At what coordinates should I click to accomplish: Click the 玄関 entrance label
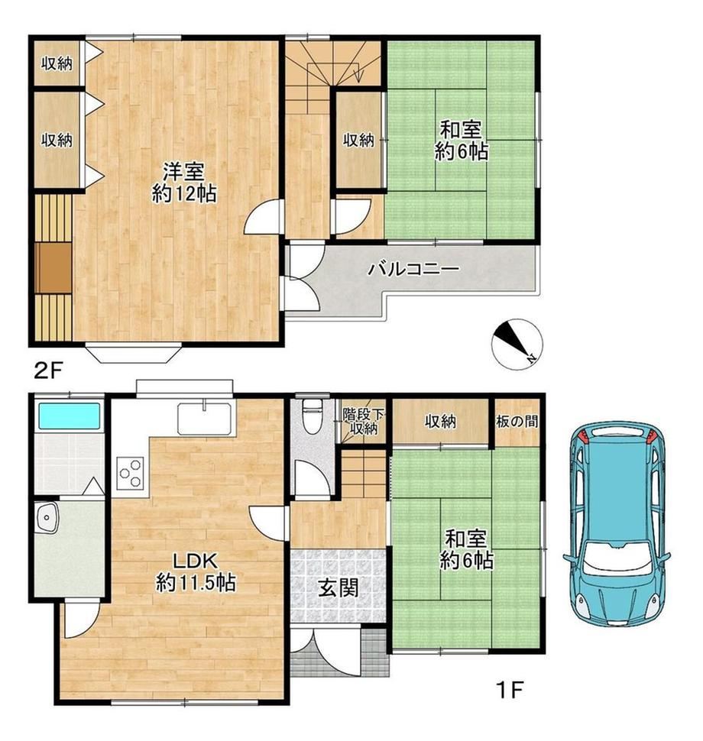click(x=338, y=588)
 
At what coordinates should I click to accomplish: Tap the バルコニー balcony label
click(x=413, y=270)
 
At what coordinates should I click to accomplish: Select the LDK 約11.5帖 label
click(x=196, y=572)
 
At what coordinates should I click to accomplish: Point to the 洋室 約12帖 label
click(x=184, y=182)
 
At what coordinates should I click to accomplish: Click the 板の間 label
click(x=517, y=421)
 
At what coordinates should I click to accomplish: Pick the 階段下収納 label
click(x=363, y=422)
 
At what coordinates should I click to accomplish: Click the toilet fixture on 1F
click(x=311, y=416)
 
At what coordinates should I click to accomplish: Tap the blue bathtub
click(x=70, y=416)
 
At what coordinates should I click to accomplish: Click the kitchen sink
click(x=206, y=418)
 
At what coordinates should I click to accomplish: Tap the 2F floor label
click(x=47, y=370)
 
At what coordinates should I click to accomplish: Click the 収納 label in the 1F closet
click(x=440, y=421)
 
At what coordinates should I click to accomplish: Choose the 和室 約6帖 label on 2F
click(x=461, y=141)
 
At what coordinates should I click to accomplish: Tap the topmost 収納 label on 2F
click(x=57, y=63)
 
